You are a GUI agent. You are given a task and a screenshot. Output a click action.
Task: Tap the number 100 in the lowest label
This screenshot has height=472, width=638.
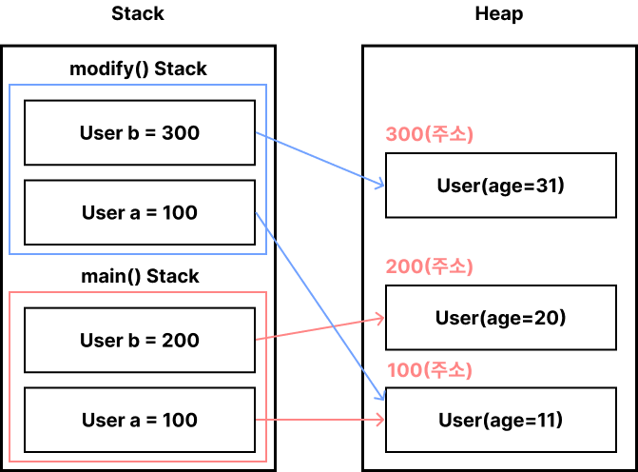pyautogui.click(x=404, y=370)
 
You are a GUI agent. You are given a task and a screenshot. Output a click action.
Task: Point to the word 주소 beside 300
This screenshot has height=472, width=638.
pyautogui.click(x=451, y=134)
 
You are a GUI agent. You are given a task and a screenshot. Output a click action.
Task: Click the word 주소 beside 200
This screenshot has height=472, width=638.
pyautogui.click(x=451, y=266)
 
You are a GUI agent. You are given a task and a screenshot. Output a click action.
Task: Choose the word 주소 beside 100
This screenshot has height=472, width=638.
pyautogui.click(x=451, y=370)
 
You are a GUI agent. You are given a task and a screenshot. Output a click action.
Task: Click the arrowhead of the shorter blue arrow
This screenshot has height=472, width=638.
pyautogui.click(x=382, y=186)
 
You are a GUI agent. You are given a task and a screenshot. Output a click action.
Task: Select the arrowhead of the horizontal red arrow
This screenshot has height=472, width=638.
pyautogui.click(x=383, y=419)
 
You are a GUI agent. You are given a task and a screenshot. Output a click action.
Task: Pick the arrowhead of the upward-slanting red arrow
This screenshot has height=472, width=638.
pyautogui.click(x=383, y=318)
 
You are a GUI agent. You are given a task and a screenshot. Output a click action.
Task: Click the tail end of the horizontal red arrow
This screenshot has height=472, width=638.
pyautogui.click(x=257, y=419)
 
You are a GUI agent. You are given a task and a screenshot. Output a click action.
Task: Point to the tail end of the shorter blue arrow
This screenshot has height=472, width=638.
pyautogui.click(x=257, y=133)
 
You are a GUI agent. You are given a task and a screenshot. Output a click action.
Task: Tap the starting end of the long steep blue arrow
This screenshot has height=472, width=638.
pyautogui.click(x=257, y=213)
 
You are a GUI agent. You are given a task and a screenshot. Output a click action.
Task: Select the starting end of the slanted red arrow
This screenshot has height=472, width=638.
pyautogui.click(x=257, y=339)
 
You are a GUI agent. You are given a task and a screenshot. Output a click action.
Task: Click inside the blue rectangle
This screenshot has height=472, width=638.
pyautogui.click(x=133, y=169)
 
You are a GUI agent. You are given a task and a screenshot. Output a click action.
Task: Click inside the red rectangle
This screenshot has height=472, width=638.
pyautogui.click(x=133, y=377)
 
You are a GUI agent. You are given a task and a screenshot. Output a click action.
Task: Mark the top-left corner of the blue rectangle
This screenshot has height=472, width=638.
pyautogui.click(x=10, y=85)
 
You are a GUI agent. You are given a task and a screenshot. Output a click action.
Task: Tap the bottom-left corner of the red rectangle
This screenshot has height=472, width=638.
pyautogui.click(x=10, y=462)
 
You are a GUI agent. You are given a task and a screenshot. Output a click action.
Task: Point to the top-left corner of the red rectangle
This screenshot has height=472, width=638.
pyautogui.click(x=10, y=292)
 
